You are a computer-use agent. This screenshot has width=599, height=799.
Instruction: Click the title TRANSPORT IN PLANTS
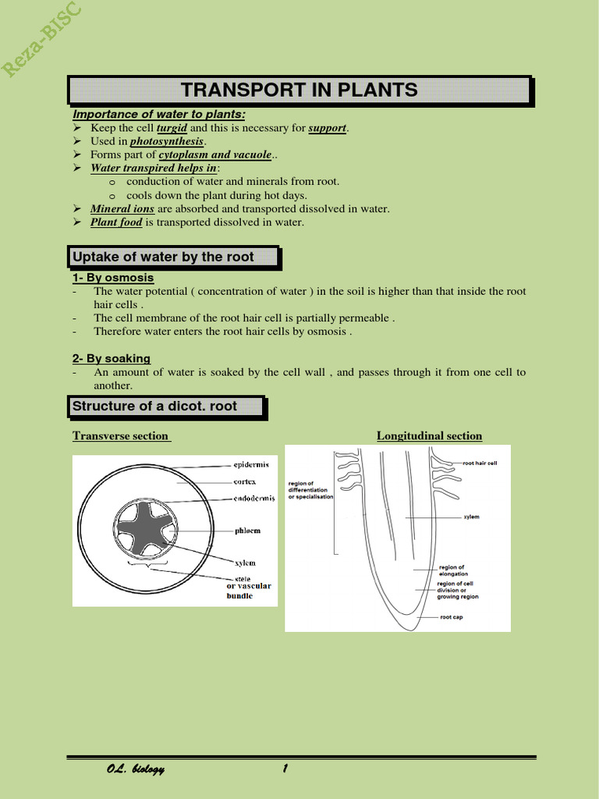[x=299, y=90]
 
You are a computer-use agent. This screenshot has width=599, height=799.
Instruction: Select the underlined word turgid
[x=172, y=128]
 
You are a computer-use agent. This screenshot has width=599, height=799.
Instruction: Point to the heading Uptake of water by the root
[x=163, y=257]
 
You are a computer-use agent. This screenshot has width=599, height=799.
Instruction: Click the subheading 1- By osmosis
[x=113, y=278]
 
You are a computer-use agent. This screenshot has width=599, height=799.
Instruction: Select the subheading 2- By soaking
[x=112, y=359]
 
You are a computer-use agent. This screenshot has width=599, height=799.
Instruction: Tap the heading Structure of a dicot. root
[x=154, y=407]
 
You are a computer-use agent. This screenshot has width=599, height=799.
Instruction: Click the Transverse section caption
[x=121, y=436]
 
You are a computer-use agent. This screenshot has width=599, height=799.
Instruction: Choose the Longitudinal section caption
[x=429, y=436]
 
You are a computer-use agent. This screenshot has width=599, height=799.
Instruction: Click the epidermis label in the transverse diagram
[x=251, y=464]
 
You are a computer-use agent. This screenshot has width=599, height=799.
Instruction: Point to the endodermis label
[x=254, y=499]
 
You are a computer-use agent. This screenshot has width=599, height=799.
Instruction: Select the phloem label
[x=247, y=531]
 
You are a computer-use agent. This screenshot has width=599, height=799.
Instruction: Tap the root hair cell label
[x=480, y=463]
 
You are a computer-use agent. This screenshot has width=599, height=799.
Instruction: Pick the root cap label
[x=451, y=617]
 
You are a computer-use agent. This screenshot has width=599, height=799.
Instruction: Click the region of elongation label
[x=453, y=570]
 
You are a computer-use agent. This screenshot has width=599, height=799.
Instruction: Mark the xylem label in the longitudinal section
[x=471, y=517]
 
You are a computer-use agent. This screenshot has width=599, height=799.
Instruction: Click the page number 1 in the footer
[x=285, y=769]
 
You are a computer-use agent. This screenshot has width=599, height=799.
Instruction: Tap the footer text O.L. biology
[x=136, y=769]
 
